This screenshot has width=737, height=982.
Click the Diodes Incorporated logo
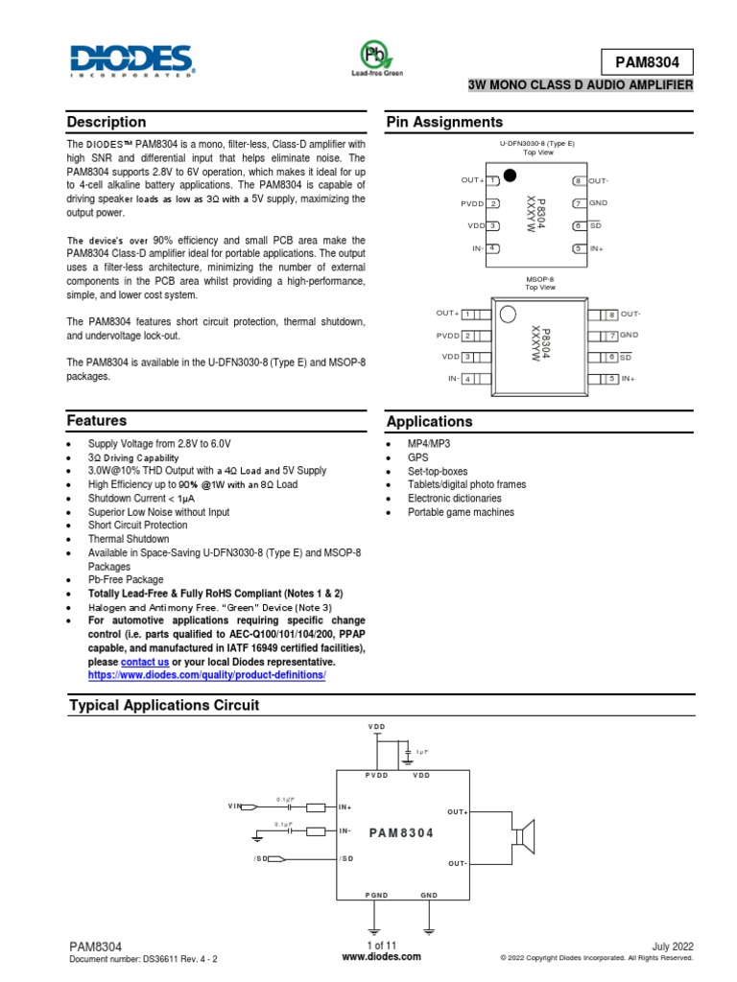[x=132, y=60]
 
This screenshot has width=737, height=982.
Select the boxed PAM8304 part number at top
[x=647, y=62]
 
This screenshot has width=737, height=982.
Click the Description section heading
[x=107, y=123]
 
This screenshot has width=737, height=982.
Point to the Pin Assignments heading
[x=444, y=123]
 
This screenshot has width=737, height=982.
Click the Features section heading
[x=97, y=421]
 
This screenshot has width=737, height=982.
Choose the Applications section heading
[x=429, y=422]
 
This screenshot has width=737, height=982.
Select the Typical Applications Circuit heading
[x=164, y=706]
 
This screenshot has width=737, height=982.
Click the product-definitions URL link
[x=207, y=675]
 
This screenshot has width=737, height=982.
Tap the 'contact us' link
[x=145, y=662]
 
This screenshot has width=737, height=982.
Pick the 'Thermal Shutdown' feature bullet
[x=129, y=539]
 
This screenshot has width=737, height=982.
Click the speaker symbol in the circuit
[x=523, y=837]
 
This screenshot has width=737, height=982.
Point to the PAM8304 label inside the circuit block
[x=401, y=833]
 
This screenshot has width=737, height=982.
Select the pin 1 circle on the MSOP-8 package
[x=510, y=315]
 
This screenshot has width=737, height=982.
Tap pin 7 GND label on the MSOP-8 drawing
[x=629, y=335]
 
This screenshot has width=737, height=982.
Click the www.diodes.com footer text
[x=368, y=957]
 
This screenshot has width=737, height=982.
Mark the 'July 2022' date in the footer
[x=672, y=946]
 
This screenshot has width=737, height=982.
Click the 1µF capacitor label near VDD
[x=421, y=752]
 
